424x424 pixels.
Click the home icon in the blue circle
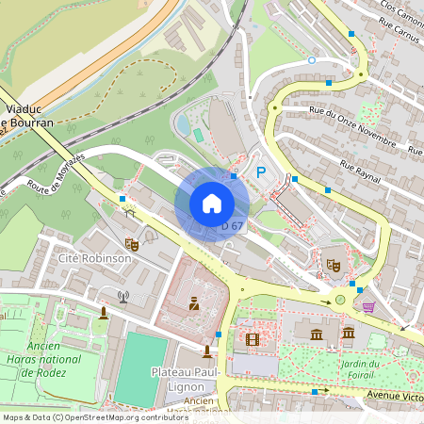(x=212, y=204)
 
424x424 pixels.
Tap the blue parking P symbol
(x=261, y=171)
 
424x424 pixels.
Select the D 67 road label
(x=232, y=226)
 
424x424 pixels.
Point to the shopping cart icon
(x=367, y=306)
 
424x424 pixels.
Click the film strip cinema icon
(x=252, y=338)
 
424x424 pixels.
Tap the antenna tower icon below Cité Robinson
(x=122, y=297)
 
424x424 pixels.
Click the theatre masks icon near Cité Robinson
(x=132, y=245)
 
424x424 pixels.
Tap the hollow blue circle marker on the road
(x=312, y=60)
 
